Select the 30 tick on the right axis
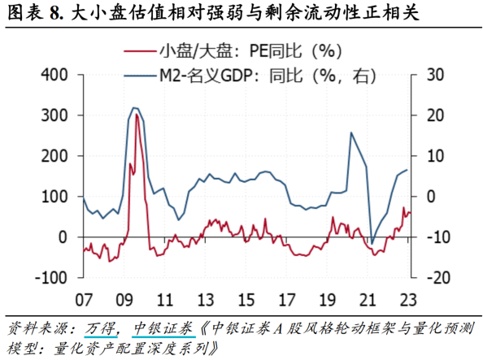[x=425, y=75]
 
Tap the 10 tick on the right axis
[x=425, y=155]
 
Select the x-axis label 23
[x=408, y=297]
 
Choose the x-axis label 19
[x=327, y=297]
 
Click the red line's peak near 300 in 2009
[x=136, y=115]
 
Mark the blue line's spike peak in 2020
[x=351, y=132]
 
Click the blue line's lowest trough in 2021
[x=372, y=243]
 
